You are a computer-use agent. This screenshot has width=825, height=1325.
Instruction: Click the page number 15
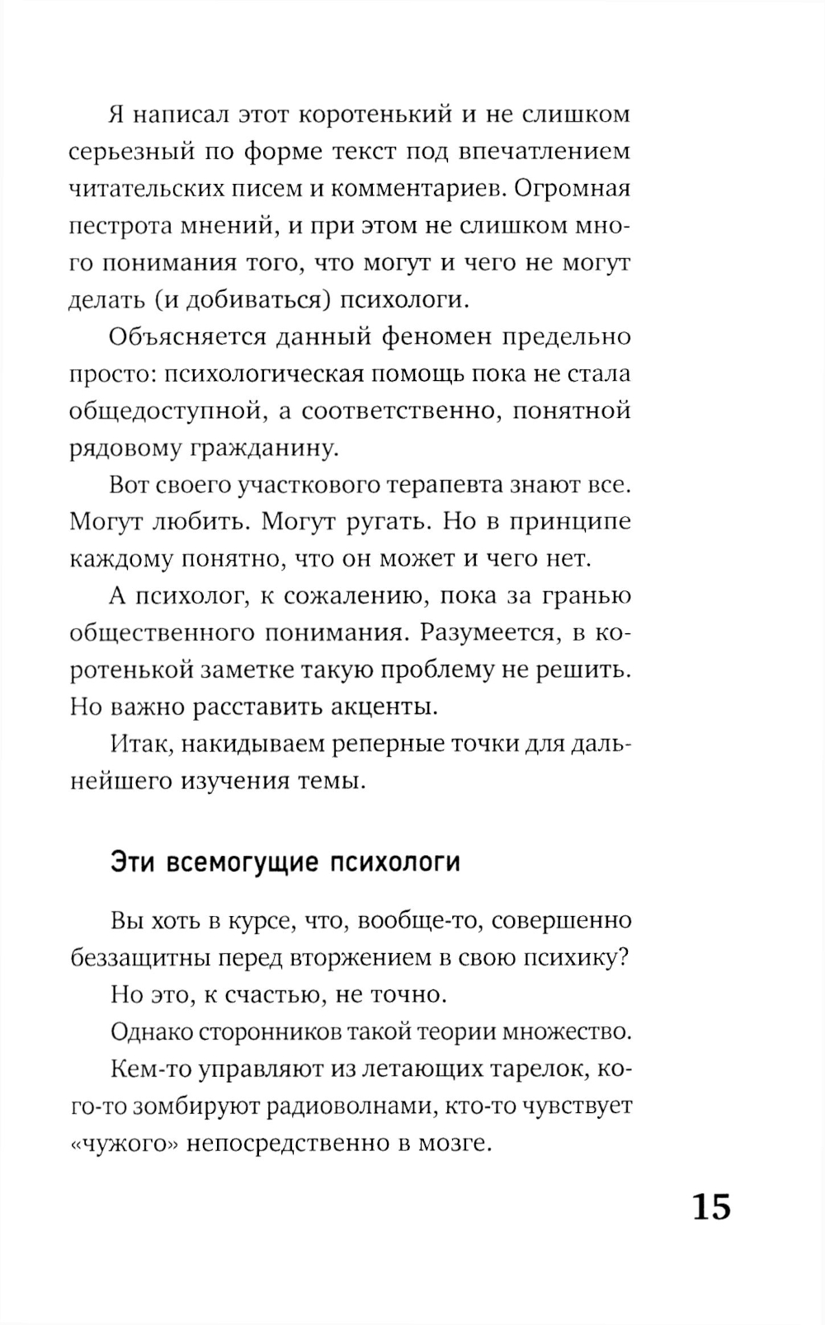[711, 1207]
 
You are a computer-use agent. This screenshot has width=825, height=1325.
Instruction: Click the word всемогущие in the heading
[243, 862]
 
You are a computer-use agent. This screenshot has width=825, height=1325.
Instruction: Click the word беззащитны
[141, 957]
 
